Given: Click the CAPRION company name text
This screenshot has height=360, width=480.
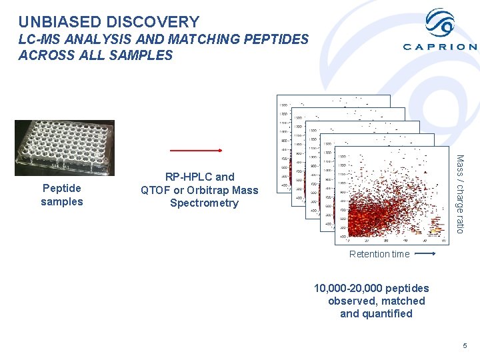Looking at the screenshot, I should (x=440, y=47).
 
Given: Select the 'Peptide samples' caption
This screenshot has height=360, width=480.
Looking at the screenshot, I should (x=62, y=195).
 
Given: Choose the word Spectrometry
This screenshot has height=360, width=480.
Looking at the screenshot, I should (x=204, y=203).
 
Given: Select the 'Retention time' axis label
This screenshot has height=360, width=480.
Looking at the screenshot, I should (x=379, y=254).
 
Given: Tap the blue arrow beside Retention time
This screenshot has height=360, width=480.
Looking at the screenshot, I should (x=425, y=254).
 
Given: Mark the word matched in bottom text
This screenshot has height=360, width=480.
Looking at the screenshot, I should (x=403, y=301).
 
